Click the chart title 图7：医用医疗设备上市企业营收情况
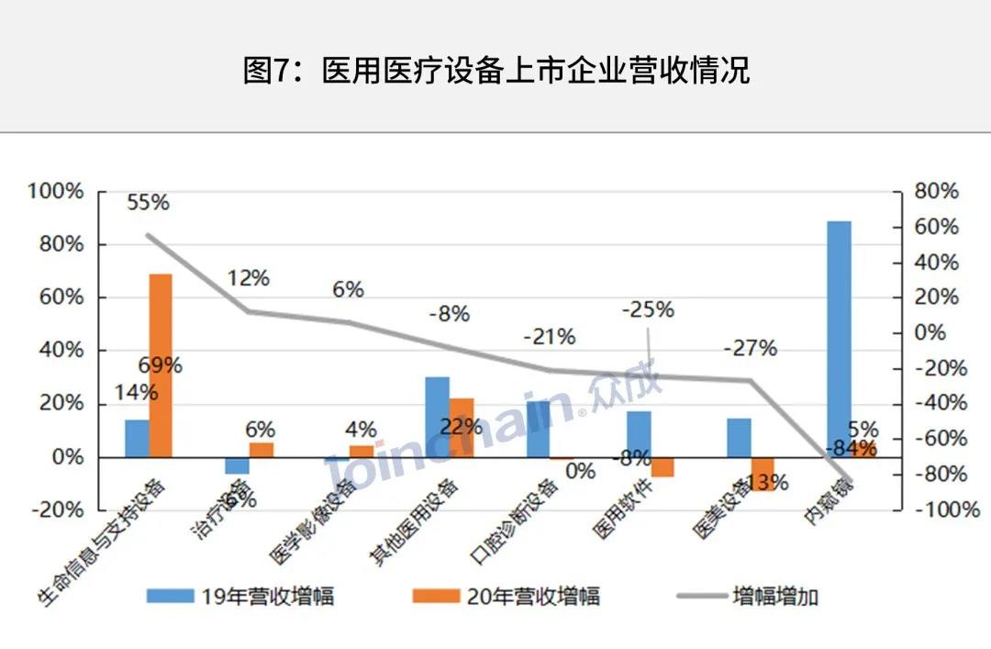pyautogui.click(x=495, y=71)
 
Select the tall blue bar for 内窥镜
pyautogui.click(x=839, y=330)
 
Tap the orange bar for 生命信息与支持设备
pyautogui.click(x=161, y=364)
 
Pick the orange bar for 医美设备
pyautogui.click(x=763, y=474)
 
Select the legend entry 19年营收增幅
pyautogui.click(x=240, y=596)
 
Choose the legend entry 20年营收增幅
pyautogui.click(x=507, y=596)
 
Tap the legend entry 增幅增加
pyautogui.click(x=748, y=596)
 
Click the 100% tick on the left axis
pyautogui.click(x=56, y=191)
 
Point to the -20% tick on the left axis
pyautogui.click(x=56, y=509)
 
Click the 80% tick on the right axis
pyautogui.click(x=936, y=191)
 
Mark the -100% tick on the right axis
pyautogui.click(x=936, y=509)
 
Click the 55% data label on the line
pyautogui.click(x=148, y=202)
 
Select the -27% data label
pyautogui.click(x=750, y=348)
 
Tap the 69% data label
pyautogui.click(x=160, y=364)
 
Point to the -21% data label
pyautogui.click(x=549, y=337)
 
